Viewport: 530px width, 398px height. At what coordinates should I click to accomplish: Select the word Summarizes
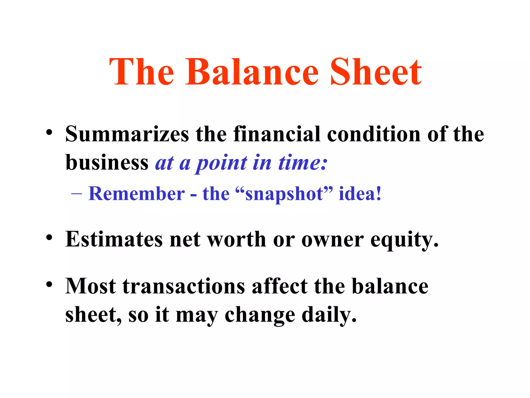point(127,134)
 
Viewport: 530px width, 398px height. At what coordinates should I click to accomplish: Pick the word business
point(107,163)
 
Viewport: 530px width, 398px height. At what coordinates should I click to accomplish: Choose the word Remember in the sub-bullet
point(137,194)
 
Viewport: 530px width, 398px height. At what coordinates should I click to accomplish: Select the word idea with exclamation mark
point(360,194)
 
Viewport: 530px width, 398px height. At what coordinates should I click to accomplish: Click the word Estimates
point(114,239)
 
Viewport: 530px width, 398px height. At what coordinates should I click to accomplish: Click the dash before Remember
point(76,194)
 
